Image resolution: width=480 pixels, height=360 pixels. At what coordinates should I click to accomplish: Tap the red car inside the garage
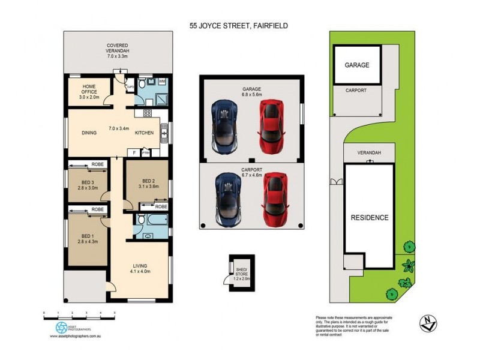pyautogui.click(x=271, y=127)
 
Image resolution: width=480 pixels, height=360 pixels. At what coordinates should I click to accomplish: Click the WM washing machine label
pyautogui.click(x=163, y=80)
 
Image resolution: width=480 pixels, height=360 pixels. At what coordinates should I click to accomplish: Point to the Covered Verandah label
pyautogui.click(x=118, y=49)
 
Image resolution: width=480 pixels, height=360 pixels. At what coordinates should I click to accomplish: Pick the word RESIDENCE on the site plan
pyautogui.click(x=370, y=218)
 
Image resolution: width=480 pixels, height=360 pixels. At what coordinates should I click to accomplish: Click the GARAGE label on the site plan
pyautogui.click(x=356, y=65)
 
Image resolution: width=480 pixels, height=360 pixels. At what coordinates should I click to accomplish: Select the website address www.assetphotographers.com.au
pyautogui.click(x=78, y=337)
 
